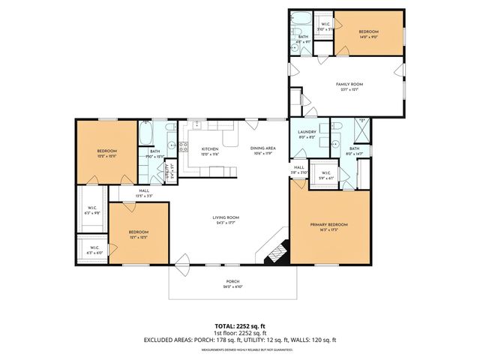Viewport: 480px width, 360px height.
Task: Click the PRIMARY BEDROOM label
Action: (x=330, y=224)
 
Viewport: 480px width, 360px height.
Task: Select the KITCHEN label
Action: (x=209, y=149)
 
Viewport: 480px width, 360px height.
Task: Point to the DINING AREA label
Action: (x=263, y=148)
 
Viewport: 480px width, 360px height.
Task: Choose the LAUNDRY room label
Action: (x=306, y=132)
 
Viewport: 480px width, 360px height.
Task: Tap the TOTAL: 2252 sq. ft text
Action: (x=240, y=325)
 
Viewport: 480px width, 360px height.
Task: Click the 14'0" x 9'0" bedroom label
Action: (x=368, y=33)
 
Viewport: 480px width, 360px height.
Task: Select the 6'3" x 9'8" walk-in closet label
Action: (x=92, y=209)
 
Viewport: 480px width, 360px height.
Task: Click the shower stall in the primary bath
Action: (x=361, y=132)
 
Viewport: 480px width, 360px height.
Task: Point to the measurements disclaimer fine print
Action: (x=240, y=349)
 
